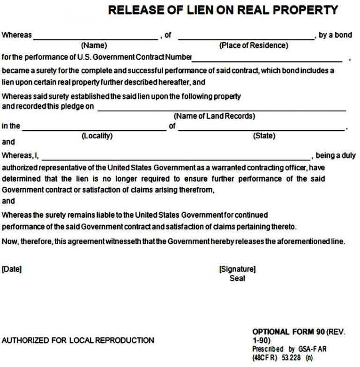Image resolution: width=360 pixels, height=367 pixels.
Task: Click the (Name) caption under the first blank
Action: coord(94,46)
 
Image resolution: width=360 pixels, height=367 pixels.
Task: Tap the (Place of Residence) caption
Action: coord(254,46)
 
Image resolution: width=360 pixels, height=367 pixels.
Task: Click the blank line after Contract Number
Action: coord(267,61)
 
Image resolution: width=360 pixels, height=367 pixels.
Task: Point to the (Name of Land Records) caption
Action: coord(214,116)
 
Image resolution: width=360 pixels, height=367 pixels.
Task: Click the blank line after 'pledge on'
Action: coord(221,110)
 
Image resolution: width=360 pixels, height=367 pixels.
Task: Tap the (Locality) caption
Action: coord(97,136)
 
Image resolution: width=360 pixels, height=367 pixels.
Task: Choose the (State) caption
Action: coord(264,136)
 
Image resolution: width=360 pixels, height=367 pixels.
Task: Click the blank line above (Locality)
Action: coord(94,129)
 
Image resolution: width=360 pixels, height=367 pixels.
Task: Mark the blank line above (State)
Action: coord(262,129)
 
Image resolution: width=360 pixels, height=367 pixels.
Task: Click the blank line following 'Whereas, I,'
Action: coord(176,159)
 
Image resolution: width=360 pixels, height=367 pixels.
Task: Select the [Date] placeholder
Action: coord(12,269)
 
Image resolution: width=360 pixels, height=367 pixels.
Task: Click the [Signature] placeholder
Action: coord(237,269)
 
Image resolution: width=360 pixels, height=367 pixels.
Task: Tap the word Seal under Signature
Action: coord(237,278)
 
